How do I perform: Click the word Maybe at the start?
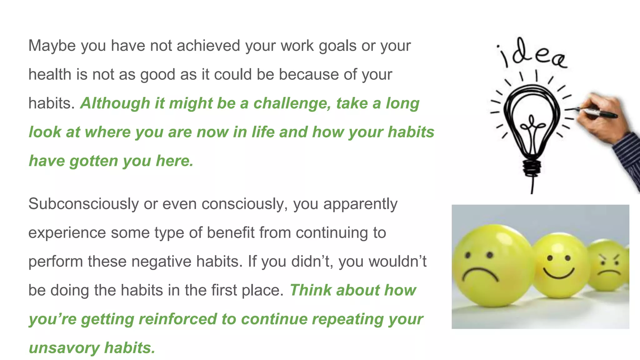(52, 46)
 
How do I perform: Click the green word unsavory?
(64, 348)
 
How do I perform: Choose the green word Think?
(310, 290)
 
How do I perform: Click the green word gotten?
(93, 161)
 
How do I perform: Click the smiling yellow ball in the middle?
(559, 266)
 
